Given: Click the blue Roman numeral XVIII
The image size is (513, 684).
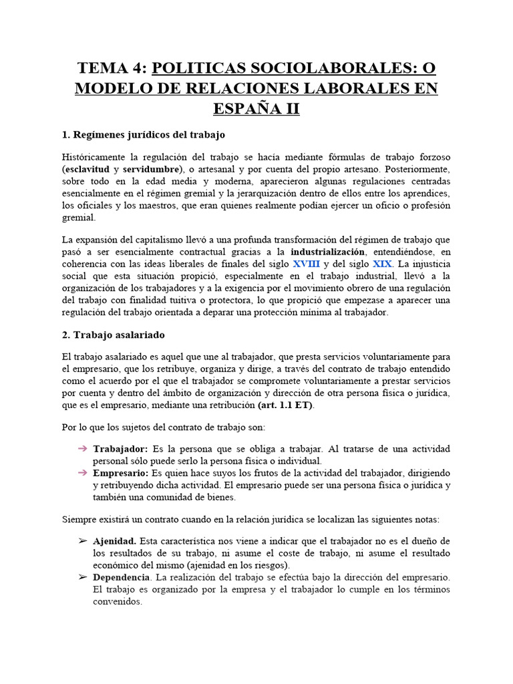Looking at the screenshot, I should (307, 263).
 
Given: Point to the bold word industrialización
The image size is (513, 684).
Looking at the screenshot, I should (328, 252).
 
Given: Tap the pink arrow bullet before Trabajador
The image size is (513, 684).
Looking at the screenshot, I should (83, 448).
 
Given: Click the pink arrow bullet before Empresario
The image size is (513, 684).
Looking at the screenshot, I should (83, 472).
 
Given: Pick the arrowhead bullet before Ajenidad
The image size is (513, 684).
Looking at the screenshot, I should (83, 540).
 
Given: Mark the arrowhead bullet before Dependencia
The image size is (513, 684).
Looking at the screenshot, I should (83, 576).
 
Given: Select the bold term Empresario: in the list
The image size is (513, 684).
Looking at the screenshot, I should (120, 473).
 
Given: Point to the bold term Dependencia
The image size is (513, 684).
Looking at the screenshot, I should (122, 577).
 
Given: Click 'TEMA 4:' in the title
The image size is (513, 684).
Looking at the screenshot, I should (112, 69).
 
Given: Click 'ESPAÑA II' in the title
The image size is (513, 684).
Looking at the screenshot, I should (256, 108).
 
